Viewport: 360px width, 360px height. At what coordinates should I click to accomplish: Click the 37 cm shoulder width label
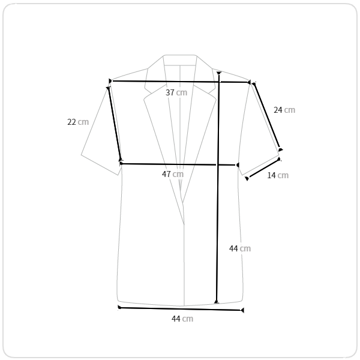[x=176, y=92]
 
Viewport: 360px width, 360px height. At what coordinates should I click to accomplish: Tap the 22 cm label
[x=78, y=122]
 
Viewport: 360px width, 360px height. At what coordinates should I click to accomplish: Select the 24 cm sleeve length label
[x=284, y=110]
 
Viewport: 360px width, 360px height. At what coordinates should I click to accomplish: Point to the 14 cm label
[x=278, y=175]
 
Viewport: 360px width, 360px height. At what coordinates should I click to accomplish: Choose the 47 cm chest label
[x=173, y=174]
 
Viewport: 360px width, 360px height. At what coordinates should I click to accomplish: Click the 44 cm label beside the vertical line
[x=240, y=248]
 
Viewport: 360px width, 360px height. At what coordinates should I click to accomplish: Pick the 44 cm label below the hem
[x=182, y=319]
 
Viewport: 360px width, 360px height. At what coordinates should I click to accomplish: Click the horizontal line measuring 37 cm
[x=179, y=82]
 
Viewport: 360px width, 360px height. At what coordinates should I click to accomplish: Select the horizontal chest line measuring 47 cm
[x=179, y=164]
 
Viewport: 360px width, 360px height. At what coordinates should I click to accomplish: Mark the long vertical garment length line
[x=218, y=187]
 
